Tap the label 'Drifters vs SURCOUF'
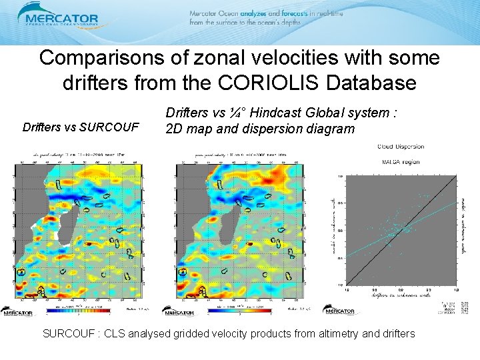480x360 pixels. [81, 126]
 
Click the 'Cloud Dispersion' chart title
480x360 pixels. [400, 147]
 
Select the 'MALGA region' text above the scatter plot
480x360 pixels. [400, 161]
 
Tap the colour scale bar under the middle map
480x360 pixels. [238, 310]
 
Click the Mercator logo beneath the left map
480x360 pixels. [21, 311]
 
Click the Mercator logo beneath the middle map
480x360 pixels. [180, 311]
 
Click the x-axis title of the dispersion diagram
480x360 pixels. [400, 296]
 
